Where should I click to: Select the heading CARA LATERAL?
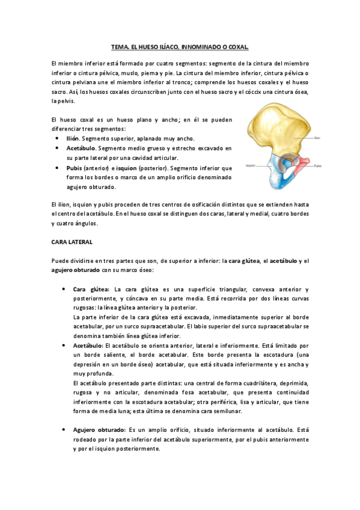pyautogui.click(x=71, y=242)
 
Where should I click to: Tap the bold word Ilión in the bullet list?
pyautogui.click(x=73, y=138)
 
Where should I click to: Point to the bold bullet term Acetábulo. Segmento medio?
pyautogui.click(x=81, y=148)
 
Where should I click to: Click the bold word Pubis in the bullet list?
pyautogui.click(x=74, y=168)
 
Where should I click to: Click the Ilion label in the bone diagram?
pyautogui.click(x=318, y=137)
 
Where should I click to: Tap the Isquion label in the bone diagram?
pyautogui.click(x=251, y=164)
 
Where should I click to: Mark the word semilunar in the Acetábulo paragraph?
pyautogui.click(x=226, y=412)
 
